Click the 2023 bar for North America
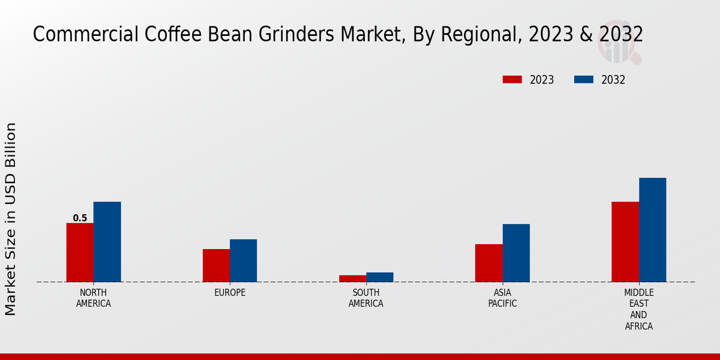[x=80, y=252]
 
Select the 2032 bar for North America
[x=107, y=241]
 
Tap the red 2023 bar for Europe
[x=216, y=265]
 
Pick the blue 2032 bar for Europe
[x=243, y=260]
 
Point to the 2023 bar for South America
[x=352, y=278]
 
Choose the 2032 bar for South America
[x=380, y=277]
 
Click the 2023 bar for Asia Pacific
[x=488, y=263]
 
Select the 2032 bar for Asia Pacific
[x=516, y=253]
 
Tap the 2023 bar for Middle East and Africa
[x=625, y=241]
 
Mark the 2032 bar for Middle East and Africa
[x=652, y=229]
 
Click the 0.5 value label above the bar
[x=80, y=218]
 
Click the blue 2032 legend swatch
[x=584, y=80]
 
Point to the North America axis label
[x=93, y=298]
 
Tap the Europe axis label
[x=230, y=293]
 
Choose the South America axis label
[x=366, y=298]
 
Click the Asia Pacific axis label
[x=502, y=298]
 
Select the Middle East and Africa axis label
[x=638, y=310]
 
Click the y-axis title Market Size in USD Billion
[x=11, y=219]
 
